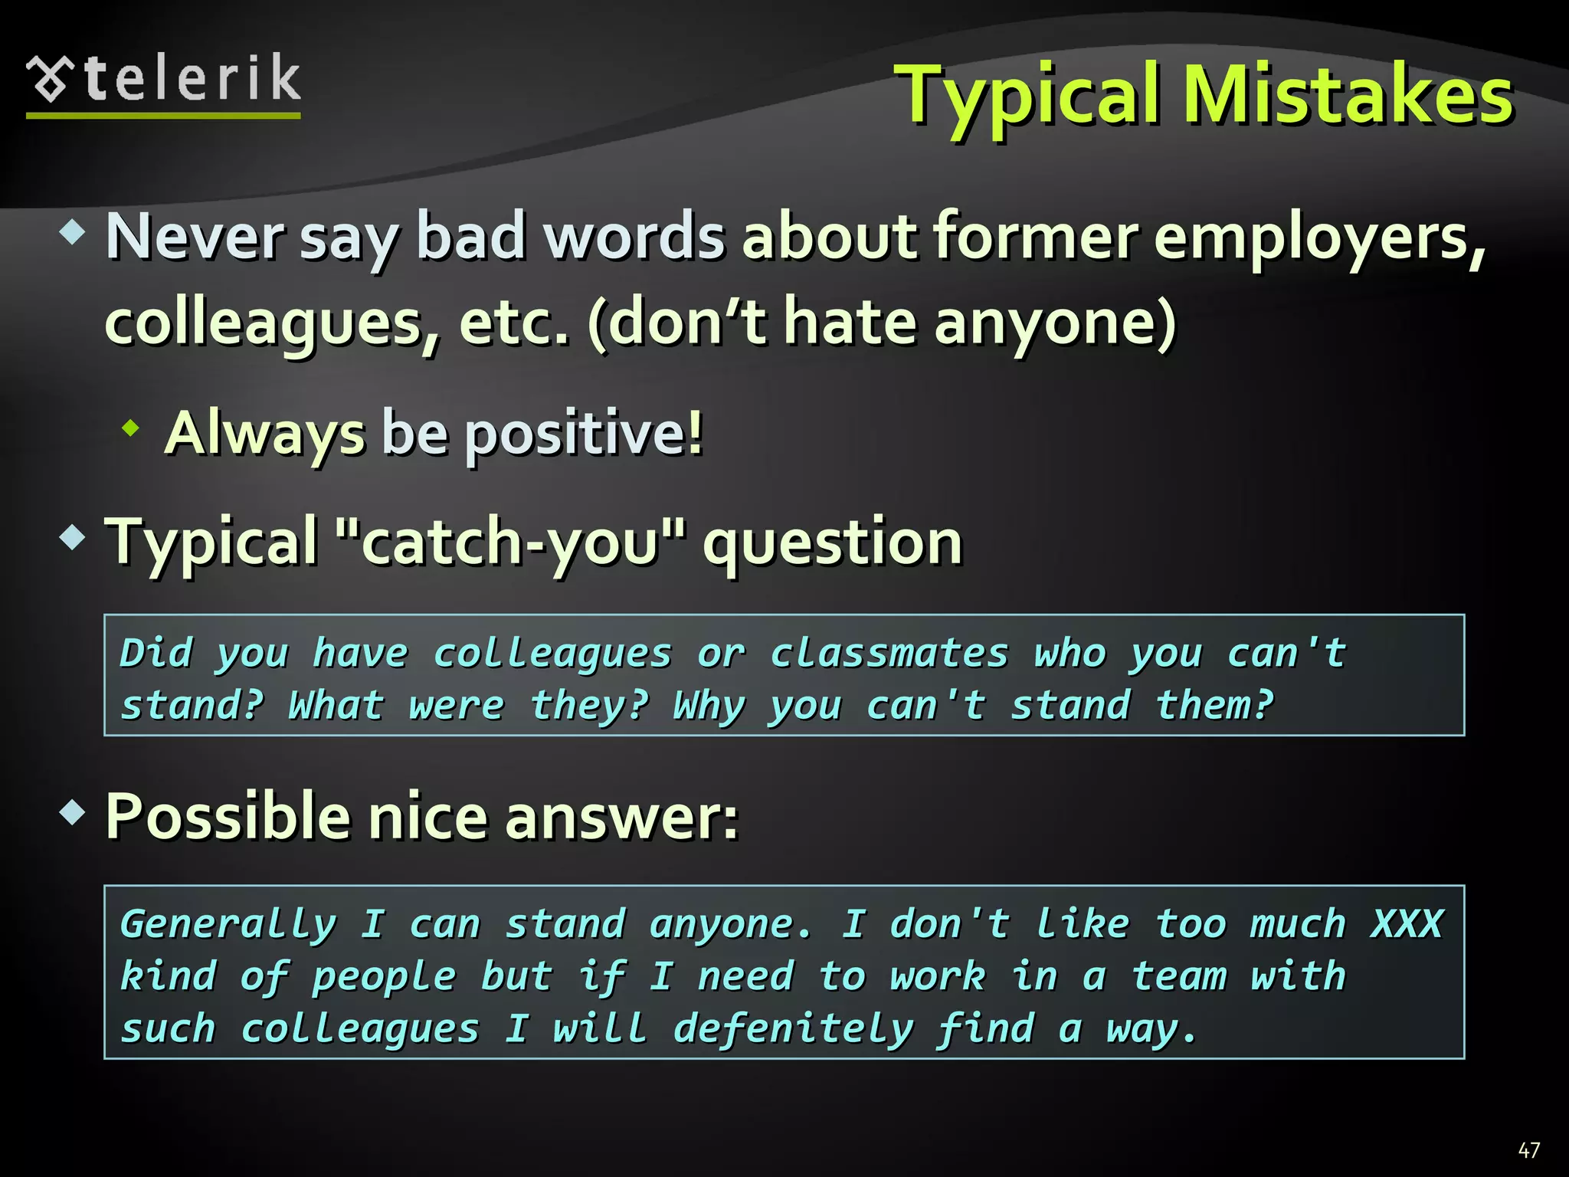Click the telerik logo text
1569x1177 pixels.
pyautogui.click(x=192, y=79)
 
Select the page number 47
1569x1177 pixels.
pyautogui.click(x=1528, y=1149)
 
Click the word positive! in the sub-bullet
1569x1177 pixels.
pyautogui.click(x=584, y=434)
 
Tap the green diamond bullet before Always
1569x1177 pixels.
pyautogui.click(x=131, y=428)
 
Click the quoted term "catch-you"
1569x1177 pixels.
pyautogui.click(x=511, y=542)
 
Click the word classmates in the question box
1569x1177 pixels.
pyautogui.click(x=889, y=654)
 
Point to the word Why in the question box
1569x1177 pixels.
pyautogui.click(x=709, y=706)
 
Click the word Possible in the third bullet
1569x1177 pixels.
pyautogui.click(x=227, y=817)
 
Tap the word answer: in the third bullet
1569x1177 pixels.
pyautogui.click(x=621, y=817)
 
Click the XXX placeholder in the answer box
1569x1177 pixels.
pyautogui.click(x=1407, y=923)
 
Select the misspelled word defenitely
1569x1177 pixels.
pyautogui.click(x=793, y=1028)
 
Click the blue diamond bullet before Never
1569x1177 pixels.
pyautogui.click(x=72, y=232)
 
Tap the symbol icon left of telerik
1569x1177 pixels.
pyautogui.click(x=51, y=79)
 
